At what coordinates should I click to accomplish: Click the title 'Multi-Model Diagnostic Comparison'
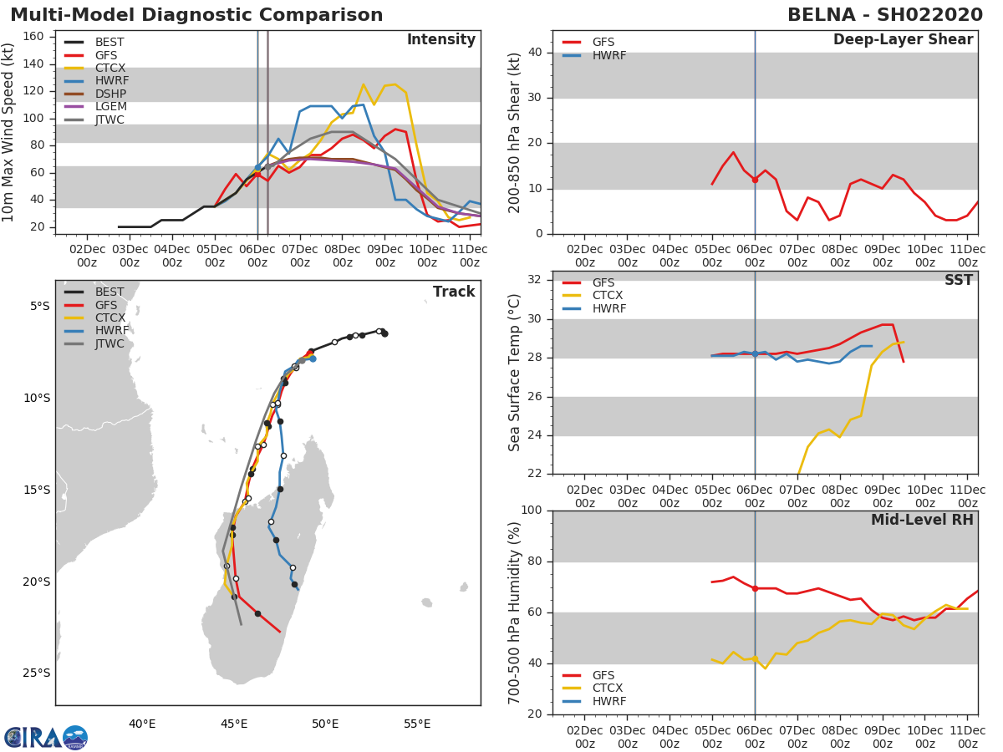196,15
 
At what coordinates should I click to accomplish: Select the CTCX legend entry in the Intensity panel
109,68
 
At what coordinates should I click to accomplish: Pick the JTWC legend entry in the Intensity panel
109,119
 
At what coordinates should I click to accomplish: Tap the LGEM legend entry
109,107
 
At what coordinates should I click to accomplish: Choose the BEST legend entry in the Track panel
109,292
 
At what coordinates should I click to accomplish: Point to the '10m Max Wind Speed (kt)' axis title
9,132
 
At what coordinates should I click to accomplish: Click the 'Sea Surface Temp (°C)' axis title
515,373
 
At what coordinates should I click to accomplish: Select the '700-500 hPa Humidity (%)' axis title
515,612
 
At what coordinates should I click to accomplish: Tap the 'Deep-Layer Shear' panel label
903,40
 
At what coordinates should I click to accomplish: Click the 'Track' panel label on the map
454,292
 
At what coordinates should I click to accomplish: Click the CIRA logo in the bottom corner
45,738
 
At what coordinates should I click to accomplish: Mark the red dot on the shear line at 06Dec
755,180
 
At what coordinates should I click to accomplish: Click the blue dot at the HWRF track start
313,358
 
